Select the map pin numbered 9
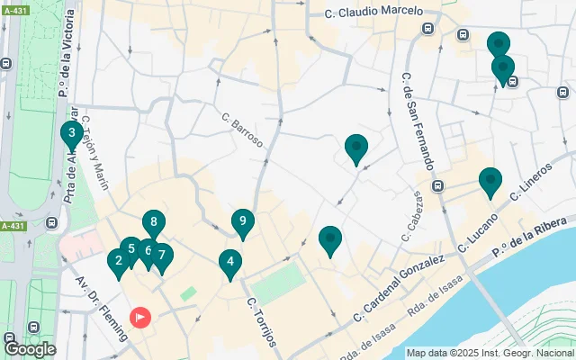(x=242, y=221)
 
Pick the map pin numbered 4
(x=230, y=263)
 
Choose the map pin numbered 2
(x=118, y=262)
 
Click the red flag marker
(x=141, y=317)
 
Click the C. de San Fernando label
(x=416, y=121)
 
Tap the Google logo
(x=31, y=348)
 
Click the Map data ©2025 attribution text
(x=489, y=353)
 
